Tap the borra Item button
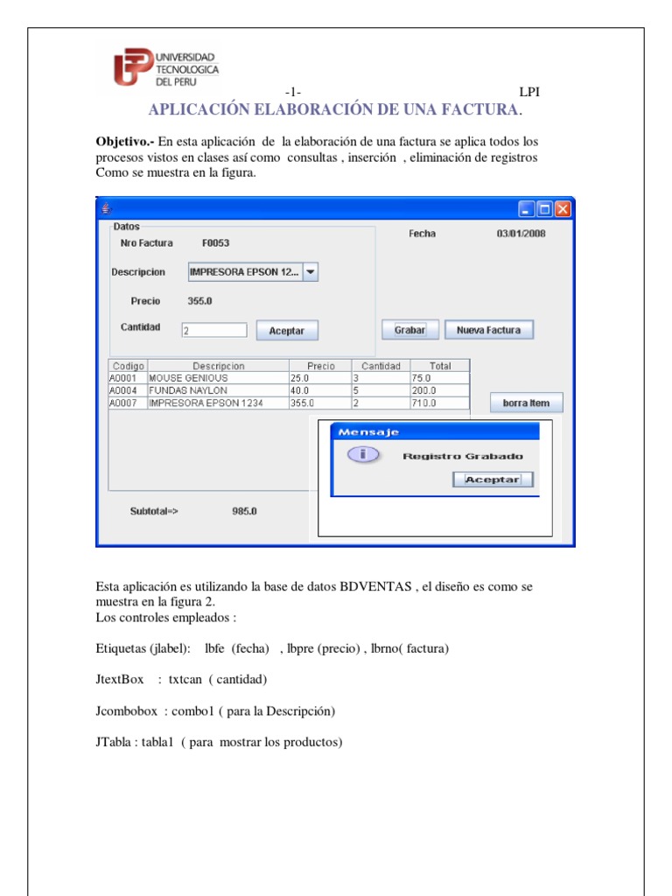tap(526, 402)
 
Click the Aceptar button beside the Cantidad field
tap(286, 331)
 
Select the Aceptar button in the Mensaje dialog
tap(492, 479)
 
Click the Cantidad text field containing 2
tap(213, 331)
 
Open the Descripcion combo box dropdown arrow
tap(311, 272)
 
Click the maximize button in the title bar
tap(544, 209)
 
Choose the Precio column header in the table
tap(320, 366)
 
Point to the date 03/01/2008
tap(521, 234)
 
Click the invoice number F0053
tap(215, 243)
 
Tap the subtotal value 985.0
tap(244, 511)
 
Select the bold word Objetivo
tap(124, 142)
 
